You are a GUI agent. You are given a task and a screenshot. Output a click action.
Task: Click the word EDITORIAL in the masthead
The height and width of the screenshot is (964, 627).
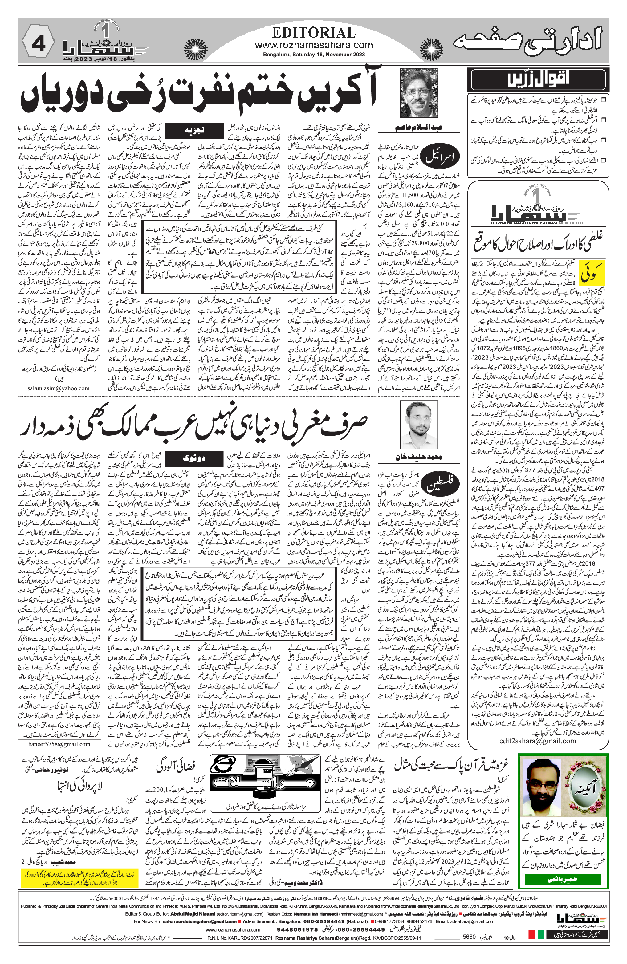pos(314,32)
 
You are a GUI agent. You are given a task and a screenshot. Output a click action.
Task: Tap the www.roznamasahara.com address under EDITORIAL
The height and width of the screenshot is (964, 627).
pos(314,45)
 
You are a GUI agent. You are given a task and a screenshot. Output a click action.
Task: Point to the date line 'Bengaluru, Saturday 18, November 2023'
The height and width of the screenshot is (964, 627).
pos(314,54)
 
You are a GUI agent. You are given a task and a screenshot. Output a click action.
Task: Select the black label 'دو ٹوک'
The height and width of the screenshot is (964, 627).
pos(194,458)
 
